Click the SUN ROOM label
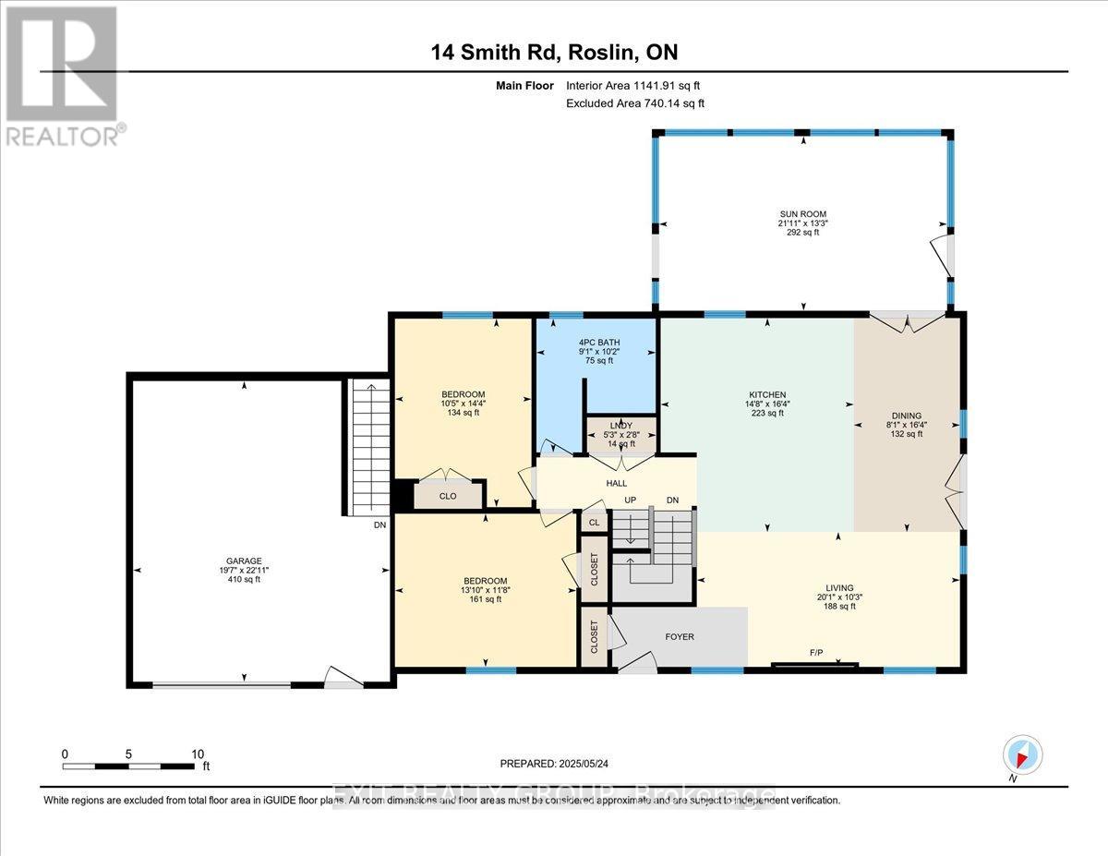[801, 213]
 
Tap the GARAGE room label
[245, 561]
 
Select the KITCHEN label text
[767, 394]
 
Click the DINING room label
[907, 416]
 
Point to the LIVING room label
[839, 587]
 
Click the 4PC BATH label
[593, 342]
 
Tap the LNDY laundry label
[620, 426]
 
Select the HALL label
[617, 483]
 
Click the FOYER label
[679, 636]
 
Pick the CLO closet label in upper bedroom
[448, 496]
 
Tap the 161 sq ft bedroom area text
[485, 599]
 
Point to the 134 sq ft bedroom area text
[463, 413]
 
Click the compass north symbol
[1022, 754]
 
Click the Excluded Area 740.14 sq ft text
[634, 103]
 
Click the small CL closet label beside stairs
[594, 522]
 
